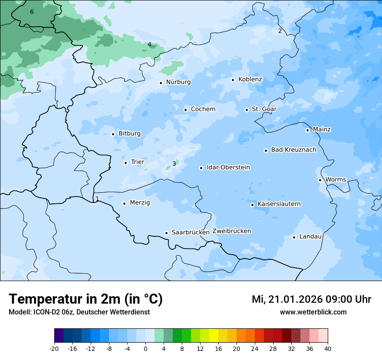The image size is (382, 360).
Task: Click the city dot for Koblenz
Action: click(x=233, y=80)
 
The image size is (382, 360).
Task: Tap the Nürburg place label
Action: click(x=178, y=82)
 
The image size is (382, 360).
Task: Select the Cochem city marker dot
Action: click(x=185, y=110)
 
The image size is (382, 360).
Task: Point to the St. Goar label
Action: click(x=264, y=109)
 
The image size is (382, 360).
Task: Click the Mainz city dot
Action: click(x=307, y=130)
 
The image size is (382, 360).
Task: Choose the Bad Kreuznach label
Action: click(x=293, y=150)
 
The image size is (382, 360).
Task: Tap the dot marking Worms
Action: click(x=320, y=180)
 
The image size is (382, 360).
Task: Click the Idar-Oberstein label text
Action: click(x=228, y=167)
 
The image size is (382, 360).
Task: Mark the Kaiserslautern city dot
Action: click(x=252, y=205)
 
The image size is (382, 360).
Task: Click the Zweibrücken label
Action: click(x=231, y=231)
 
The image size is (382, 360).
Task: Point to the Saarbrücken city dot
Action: click(x=166, y=233)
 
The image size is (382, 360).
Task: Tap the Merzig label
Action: click(x=140, y=203)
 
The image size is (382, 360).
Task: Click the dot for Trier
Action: click(x=125, y=163)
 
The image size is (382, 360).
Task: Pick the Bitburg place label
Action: click(x=129, y=134)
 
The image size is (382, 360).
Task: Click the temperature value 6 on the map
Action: click(x=32, y=12)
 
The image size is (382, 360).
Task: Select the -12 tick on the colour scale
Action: click(x=91, y=349)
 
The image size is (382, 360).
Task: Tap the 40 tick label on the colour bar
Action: click(x=327, y=349)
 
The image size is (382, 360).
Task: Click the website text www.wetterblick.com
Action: click(x=313, y=312)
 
